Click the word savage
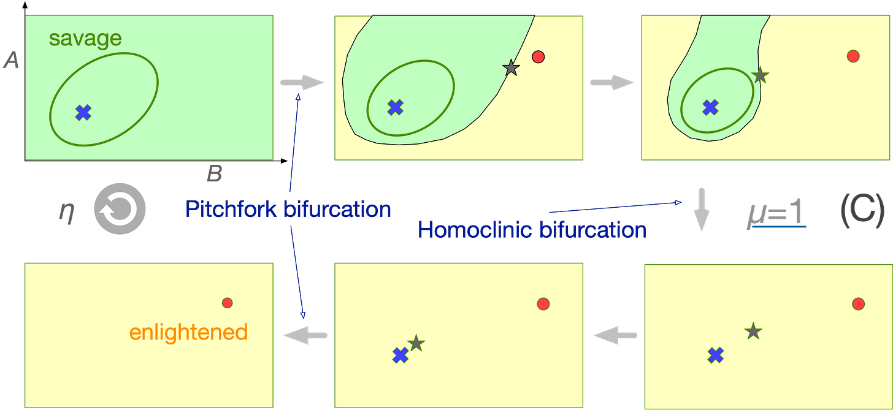pos(85,39)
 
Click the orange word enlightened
pos(188,332)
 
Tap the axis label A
pos(10,59)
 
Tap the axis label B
pos(213,175)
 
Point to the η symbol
pos(66,211)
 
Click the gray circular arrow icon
pos(120,210)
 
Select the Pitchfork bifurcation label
pos(288,210)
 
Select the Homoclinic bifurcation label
pos(531,230)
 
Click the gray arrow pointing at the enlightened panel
pos(304,335)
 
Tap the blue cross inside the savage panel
pos(83,112)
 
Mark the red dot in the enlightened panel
pos(227,302)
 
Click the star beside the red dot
pos(510,69)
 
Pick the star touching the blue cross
pos(416,343)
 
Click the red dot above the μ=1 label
pos(853,56)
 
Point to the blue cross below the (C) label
pos(715,354)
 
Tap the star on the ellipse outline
pos(760,75)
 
